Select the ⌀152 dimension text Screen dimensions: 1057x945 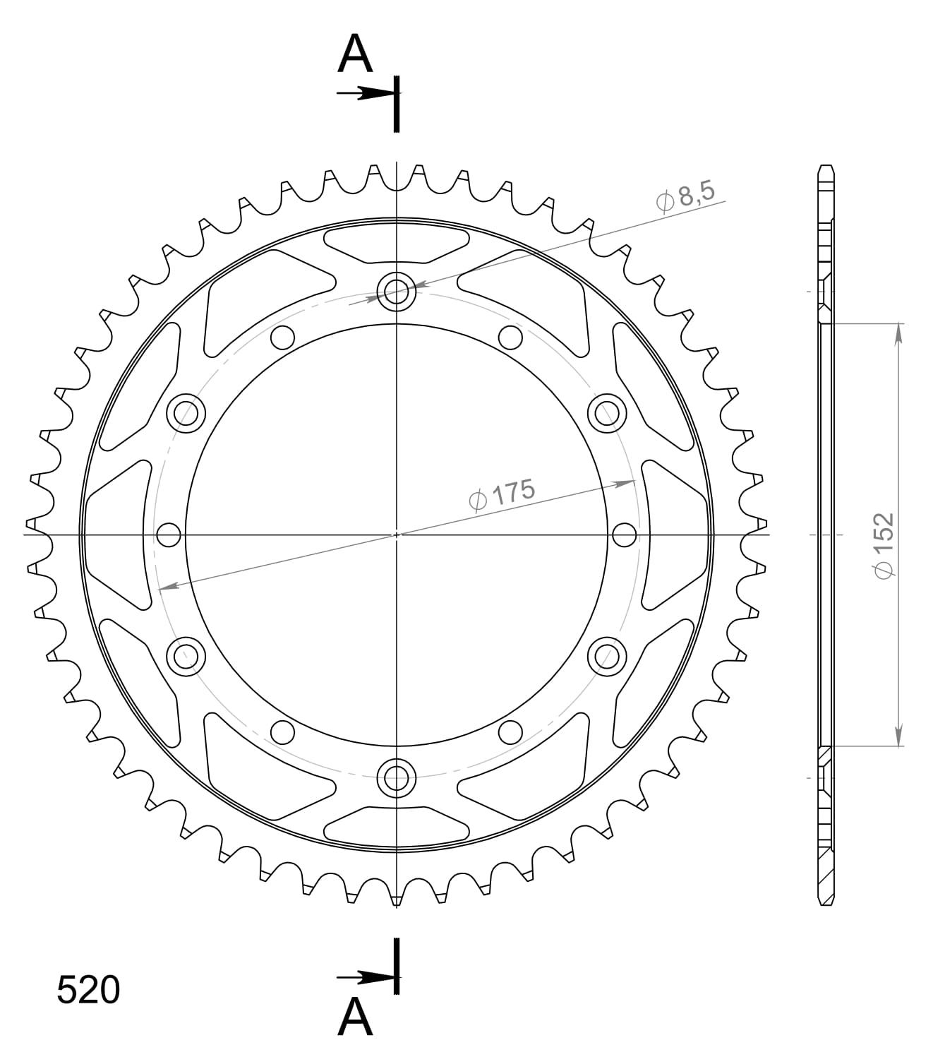[x=884, y=547]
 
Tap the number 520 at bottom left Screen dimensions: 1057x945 [x=88, y=991]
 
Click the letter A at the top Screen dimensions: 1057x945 [x=354, y=55]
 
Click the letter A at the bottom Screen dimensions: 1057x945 [x=354, y=1017]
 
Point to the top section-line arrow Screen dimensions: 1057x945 [x=363, y=93]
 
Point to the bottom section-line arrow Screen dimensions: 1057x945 [x=363, y=978]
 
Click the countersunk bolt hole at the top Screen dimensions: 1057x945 [x=396, y=290]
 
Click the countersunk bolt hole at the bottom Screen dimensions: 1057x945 [x=396, y=779]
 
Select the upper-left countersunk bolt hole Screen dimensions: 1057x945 [x=186, y=412]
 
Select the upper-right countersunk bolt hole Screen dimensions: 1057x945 [x=607, y=412]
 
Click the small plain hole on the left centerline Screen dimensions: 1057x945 [x=169, y=535]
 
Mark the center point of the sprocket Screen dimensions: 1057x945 [x=397, y=535]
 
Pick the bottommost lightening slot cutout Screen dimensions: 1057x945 [x=396, y=826]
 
